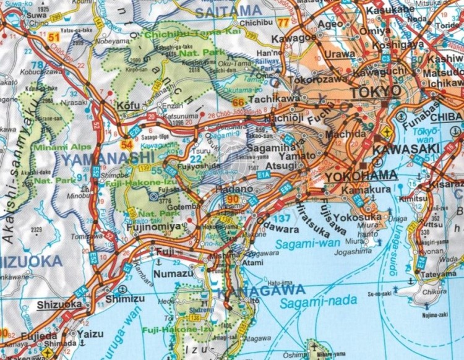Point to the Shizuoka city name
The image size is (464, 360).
59,304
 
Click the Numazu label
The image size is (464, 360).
170,270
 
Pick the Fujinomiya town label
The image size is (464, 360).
156,227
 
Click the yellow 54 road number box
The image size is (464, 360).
127,145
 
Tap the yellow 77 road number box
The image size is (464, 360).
284,23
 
